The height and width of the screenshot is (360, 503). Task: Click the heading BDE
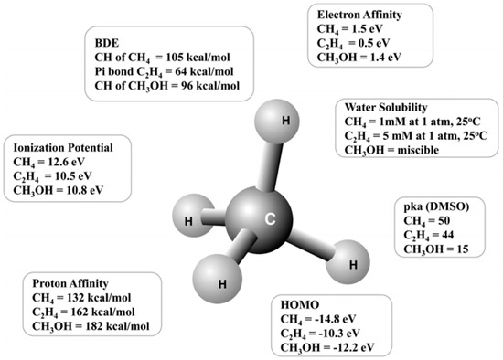click(x=109, y=42)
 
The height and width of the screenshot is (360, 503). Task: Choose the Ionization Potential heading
click(x=64, y=148)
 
